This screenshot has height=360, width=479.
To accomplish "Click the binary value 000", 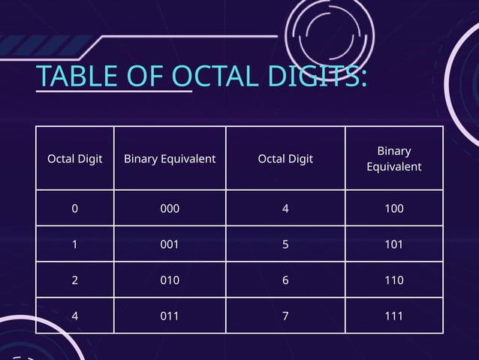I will tap(170, 208).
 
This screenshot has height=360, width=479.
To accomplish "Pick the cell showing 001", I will tap(170, 244).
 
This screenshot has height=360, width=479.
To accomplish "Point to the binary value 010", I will tap(170, 280).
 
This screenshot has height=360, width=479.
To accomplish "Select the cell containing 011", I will tap(170, 316).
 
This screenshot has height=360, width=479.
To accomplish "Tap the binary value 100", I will tap(393, 208).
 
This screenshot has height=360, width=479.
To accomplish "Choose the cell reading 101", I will tap(393, 244).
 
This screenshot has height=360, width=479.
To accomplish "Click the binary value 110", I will tap(393, 280).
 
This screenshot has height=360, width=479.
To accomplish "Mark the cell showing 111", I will tap(393, 316).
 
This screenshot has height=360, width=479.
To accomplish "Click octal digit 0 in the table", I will tap(74, 208).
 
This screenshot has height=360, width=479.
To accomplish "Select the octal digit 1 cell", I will tap(74, 244).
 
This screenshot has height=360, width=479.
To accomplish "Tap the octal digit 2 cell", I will tap(74, 280).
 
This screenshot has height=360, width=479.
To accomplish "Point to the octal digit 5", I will tap(285, 244).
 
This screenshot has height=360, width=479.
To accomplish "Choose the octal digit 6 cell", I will tap(285, 280).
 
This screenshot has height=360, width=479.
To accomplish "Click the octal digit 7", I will tap(285, 316).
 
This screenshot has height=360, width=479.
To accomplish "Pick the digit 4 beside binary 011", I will tap(74, 316).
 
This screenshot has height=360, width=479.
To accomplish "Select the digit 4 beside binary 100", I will tap(285, 208).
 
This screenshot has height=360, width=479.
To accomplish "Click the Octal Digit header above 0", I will tap(75, 159).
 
